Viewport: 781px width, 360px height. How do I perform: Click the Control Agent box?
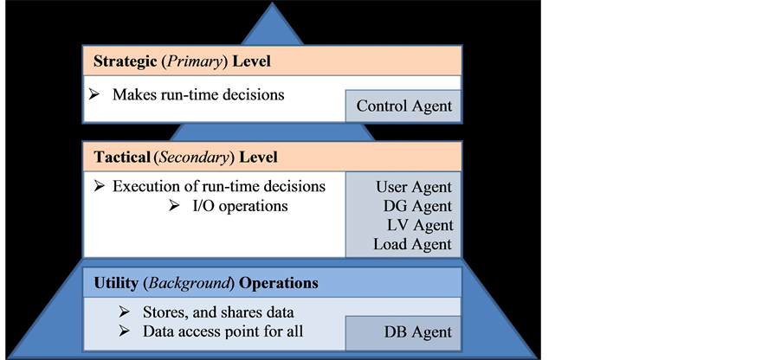(403, 106)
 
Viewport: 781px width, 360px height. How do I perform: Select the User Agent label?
(414, 187)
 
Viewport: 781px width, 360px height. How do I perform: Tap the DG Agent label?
(417, 206)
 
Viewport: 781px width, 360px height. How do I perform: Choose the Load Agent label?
(412, 244)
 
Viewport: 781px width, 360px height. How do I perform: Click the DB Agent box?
(417, 332)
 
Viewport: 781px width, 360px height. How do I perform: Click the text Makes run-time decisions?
(198, 93)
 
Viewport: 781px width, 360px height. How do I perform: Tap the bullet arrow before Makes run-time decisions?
(95, 93)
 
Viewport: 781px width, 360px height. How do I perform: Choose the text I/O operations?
(241, 207)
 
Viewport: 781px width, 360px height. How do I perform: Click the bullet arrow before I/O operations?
(173, 207)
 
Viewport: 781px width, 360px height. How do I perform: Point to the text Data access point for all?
(223, 331)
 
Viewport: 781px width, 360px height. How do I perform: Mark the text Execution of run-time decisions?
(220, 186)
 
